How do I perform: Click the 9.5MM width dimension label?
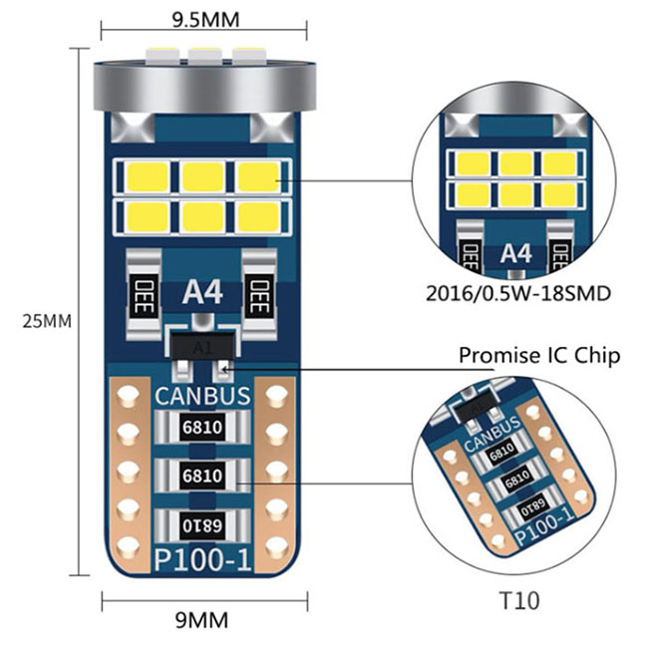pos(205,19)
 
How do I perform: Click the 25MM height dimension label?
pos(47,322)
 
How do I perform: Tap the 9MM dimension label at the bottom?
pos(201,620)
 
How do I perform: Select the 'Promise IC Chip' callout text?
pos(539,356)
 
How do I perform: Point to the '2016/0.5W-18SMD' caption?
pos(518,294)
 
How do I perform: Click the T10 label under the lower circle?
pos(519,600)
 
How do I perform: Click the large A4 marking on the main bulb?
pos(202,293)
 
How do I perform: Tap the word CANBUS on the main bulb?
pos(202,396)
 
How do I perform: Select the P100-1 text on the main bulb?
pos(202,560)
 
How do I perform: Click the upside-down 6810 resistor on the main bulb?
pos(202,525)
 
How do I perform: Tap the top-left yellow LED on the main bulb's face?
pos(149,176)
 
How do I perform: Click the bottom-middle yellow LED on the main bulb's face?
pos(203,217)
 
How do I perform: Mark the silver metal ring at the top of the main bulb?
pos(204,86)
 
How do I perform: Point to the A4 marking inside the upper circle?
pos(515,253)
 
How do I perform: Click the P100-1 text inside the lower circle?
pos(545,526)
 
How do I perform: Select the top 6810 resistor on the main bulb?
pos(202,428)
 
